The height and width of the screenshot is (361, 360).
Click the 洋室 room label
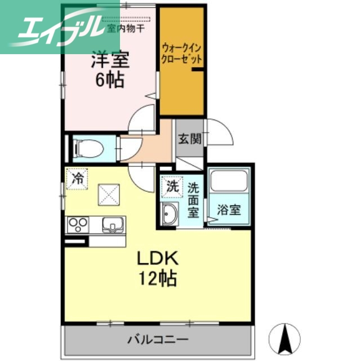point(110,60)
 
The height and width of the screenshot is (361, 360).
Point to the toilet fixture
point(90,149)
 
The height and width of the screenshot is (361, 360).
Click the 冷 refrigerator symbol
point(77,179)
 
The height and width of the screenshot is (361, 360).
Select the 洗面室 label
point(193,199)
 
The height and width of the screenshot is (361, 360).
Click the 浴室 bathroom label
point(229,210)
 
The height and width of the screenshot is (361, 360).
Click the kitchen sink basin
point(113,226)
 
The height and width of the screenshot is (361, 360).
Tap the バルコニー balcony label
point(157,340)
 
